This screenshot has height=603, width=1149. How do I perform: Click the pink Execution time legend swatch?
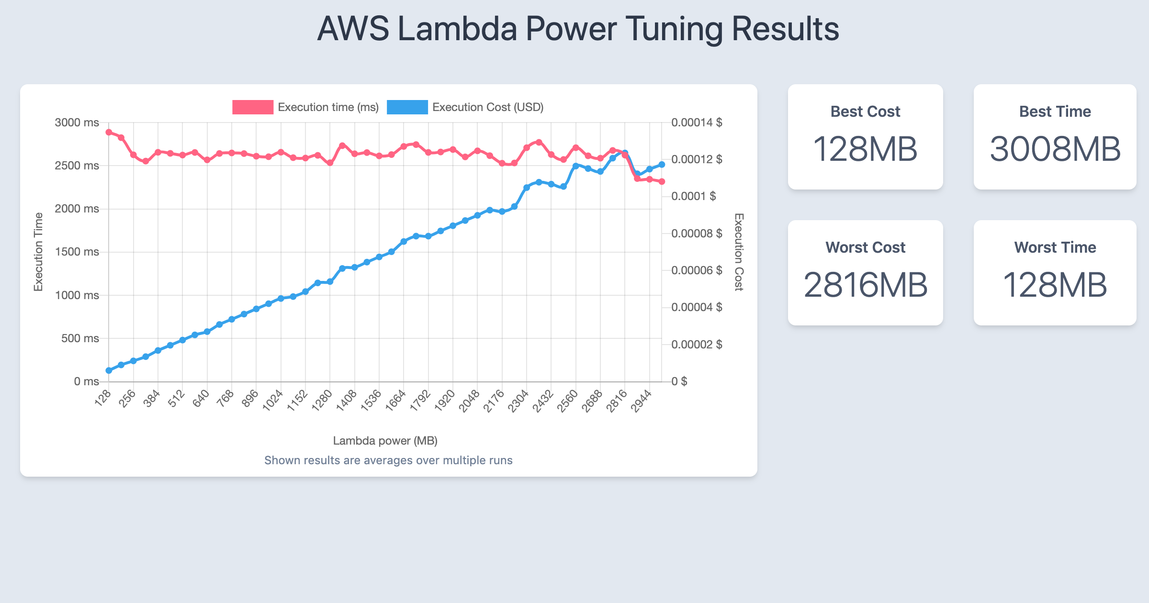click(x=253, y=107)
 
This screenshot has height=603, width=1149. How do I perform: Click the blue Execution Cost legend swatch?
click(x=407, y=107)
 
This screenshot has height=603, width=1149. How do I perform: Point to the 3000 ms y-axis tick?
click(x=77, y=123)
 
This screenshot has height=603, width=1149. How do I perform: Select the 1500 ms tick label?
click(x=77, y=252)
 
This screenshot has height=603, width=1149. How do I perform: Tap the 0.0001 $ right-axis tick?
click(x=694, y=196)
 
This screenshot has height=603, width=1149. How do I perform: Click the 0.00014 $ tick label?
click(x=697, y=123)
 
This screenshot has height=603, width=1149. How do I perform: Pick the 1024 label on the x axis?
click(x=273, y=401)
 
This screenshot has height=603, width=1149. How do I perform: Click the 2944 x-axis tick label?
click(x=641, y=401)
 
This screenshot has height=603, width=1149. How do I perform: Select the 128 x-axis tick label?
click(x=103, y=398)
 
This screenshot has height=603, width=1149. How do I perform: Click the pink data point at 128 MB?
click(x=109, y=133)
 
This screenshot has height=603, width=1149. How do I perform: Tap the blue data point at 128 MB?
click(x=109, y=370)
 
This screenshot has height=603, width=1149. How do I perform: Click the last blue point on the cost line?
click(x=662, y=165)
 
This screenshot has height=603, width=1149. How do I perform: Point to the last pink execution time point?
click(x=662, y=182)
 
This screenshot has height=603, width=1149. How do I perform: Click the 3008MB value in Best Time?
click(x=1055, y=149)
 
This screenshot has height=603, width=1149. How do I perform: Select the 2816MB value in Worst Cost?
click(x=865, y=285)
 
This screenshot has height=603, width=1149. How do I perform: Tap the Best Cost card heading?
click(x=865, y=112)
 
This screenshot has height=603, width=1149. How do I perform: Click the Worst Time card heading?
click(x=1055, y=247)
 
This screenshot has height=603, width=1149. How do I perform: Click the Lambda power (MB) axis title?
click(x=385, y=441)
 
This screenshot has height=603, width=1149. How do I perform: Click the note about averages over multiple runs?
click(x=388, y=460)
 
